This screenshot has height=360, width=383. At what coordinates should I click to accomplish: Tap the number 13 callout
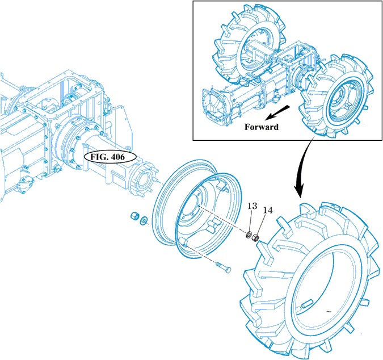tap(252, 206)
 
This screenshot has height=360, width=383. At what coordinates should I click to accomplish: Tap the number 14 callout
tap(267, 210)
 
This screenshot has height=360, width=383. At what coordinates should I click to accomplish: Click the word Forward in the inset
tap(262, 127)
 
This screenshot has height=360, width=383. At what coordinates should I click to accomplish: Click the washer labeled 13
tap(250, 234)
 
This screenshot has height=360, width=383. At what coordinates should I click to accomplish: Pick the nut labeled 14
tap(256, 237)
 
